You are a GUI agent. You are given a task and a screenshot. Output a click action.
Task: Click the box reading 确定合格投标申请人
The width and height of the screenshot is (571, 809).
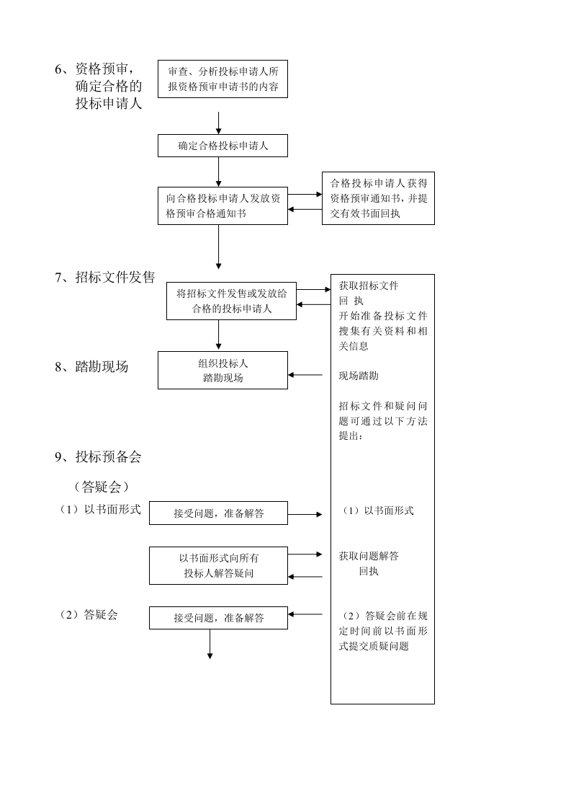222,146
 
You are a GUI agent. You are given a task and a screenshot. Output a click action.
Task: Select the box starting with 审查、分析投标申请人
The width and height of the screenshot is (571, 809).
222,79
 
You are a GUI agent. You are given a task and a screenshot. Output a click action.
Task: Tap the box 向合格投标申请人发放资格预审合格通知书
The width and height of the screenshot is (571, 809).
222,205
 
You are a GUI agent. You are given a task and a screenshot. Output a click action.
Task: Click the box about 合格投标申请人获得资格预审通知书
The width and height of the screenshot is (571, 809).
378,198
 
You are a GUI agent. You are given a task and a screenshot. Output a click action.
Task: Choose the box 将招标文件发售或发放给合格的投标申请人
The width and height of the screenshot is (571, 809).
231,301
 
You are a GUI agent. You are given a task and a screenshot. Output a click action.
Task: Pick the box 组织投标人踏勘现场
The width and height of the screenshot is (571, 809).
222,371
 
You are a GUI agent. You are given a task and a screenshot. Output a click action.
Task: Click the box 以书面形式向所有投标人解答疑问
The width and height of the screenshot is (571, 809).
218,565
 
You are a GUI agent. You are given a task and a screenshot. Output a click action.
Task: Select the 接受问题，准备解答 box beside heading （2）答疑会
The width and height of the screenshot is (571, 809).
218,618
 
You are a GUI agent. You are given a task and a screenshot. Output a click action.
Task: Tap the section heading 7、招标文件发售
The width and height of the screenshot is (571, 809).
105,278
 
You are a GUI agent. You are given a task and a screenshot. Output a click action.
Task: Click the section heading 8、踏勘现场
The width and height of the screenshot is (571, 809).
91,366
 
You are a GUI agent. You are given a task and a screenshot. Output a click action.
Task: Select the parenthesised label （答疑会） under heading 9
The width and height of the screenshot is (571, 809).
102,487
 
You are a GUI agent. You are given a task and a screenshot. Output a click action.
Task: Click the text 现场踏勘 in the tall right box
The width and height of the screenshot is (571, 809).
359,376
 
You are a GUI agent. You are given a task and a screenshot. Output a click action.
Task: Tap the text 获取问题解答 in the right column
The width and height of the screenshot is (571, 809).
369,556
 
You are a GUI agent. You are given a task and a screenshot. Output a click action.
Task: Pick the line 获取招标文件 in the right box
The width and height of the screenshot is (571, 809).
369,286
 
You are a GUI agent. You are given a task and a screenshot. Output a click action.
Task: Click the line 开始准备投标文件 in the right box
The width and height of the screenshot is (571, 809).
383,316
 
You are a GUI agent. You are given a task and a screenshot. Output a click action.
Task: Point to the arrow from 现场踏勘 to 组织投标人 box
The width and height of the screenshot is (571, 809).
305,375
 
